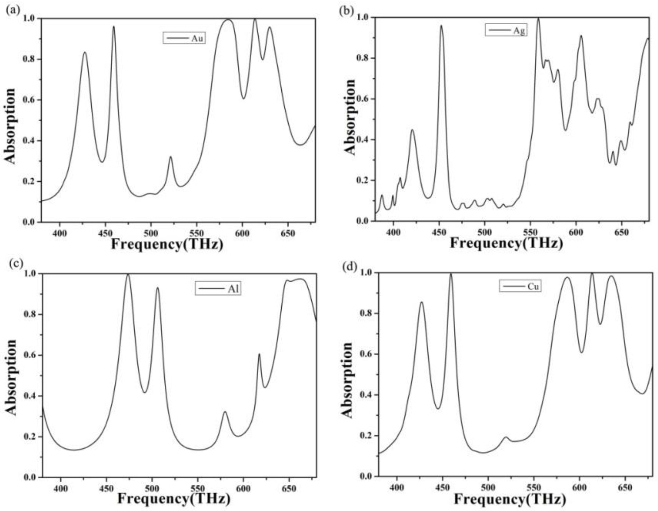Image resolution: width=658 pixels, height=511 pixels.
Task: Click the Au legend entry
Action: [184, 38]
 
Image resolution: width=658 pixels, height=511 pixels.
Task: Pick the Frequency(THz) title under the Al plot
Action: [174, 498]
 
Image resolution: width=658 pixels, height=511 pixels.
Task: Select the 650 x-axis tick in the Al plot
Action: [289, 488]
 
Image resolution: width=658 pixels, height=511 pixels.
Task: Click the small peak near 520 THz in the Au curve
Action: [171, 157]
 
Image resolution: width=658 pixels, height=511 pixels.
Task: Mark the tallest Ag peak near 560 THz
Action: [538, 19]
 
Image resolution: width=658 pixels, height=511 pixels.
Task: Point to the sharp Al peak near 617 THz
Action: [259, 354]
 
